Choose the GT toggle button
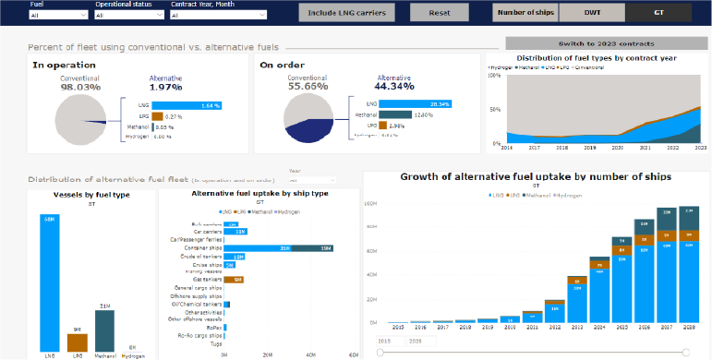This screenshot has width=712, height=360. click(658, 13)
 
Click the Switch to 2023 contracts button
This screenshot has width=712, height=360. click(607, 43)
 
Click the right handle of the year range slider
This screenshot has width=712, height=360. click(685, 351)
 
